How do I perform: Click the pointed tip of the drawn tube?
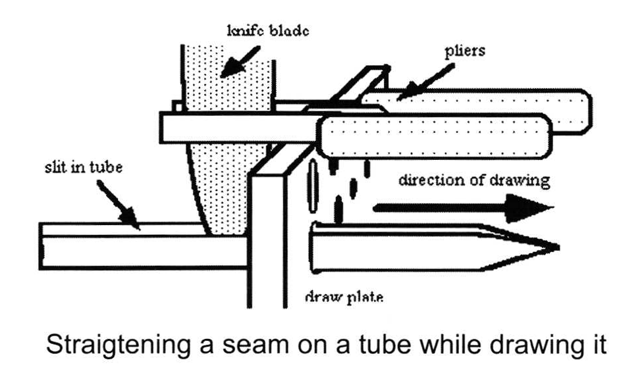click(553, 247)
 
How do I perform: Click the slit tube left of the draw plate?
click(132, 247)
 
